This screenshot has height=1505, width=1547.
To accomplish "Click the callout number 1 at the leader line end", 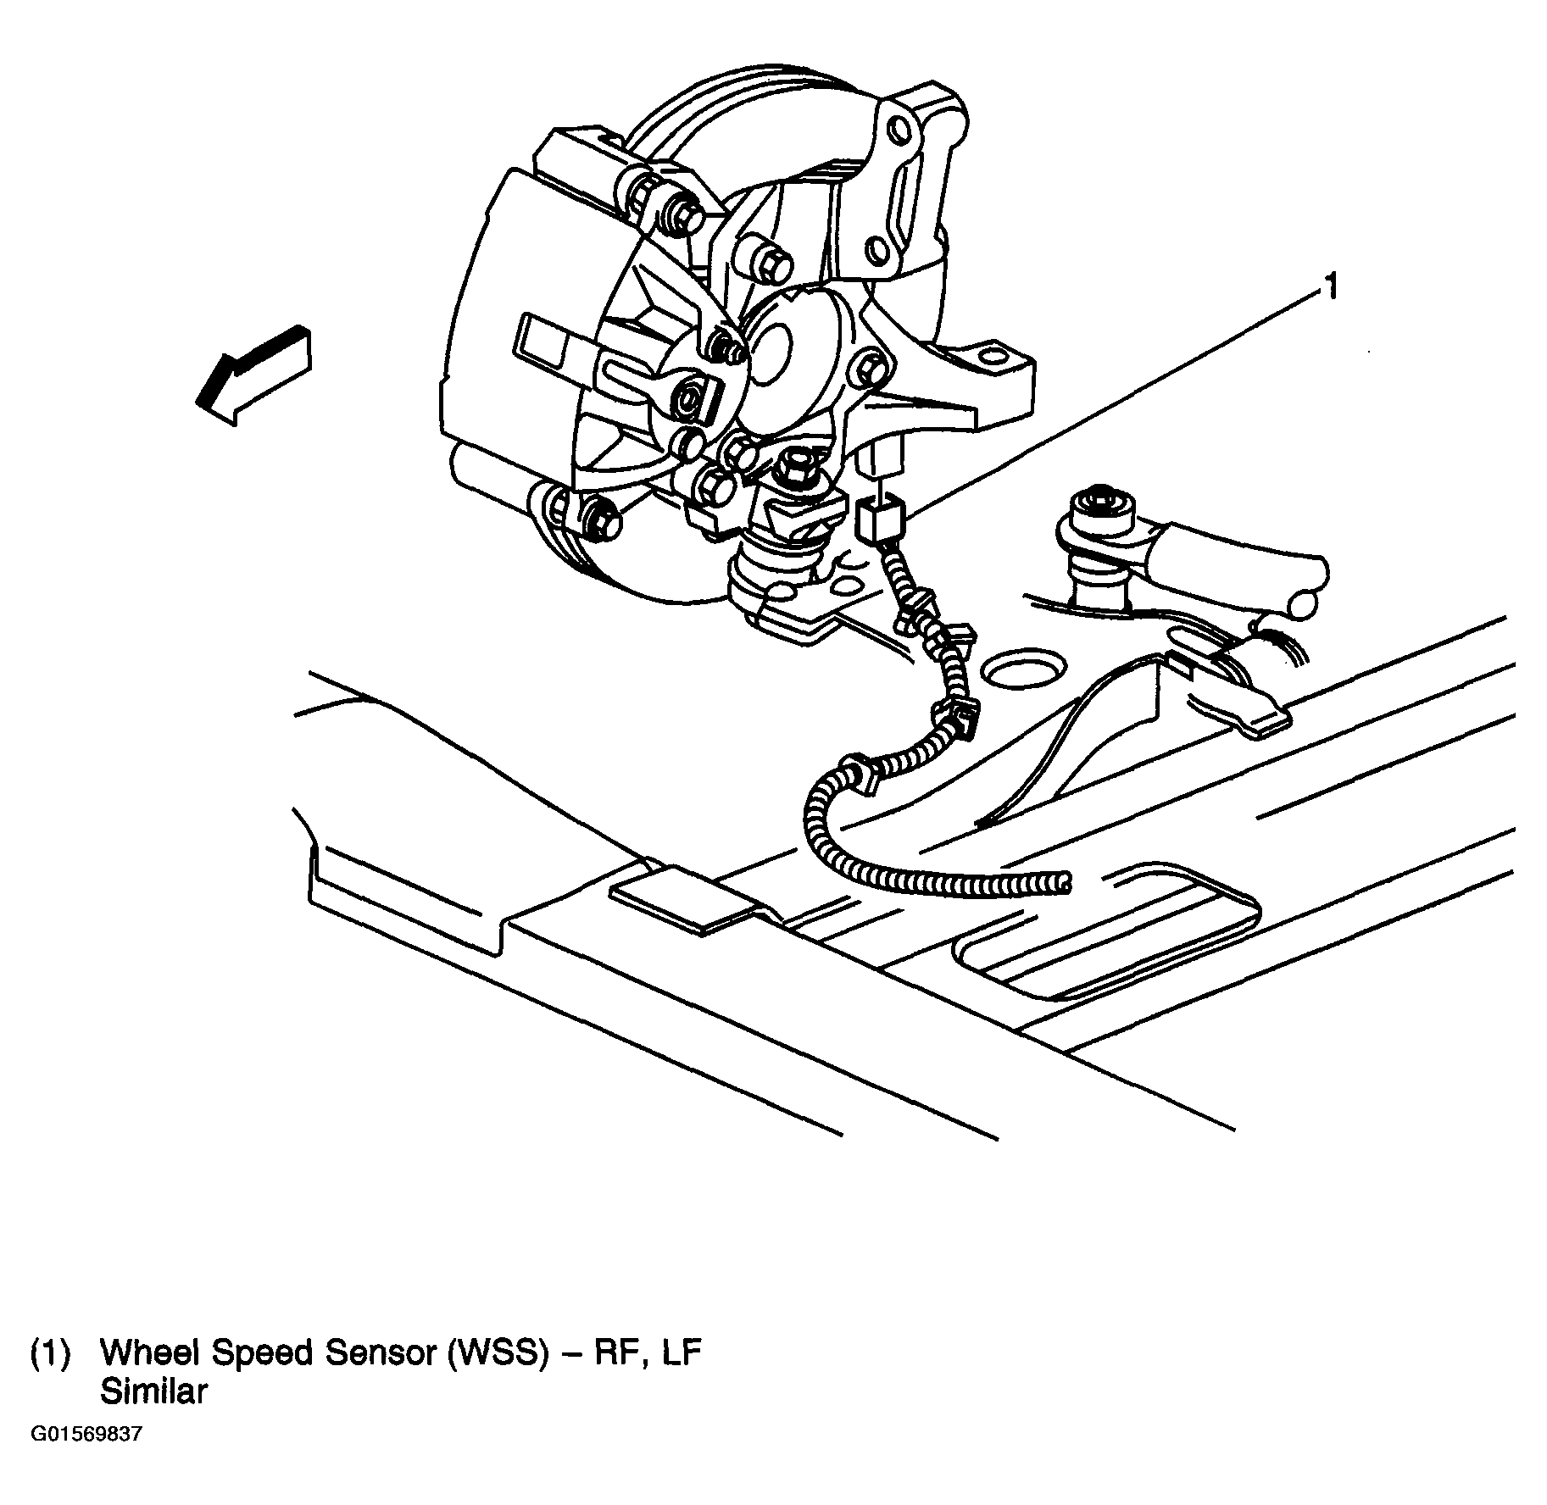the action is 1332,288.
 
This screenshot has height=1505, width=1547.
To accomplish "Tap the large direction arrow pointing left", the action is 253,375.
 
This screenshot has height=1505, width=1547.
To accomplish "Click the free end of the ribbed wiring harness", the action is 1065,883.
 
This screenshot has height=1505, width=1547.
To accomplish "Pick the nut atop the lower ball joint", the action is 795,464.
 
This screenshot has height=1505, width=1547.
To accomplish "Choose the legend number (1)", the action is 50,1354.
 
